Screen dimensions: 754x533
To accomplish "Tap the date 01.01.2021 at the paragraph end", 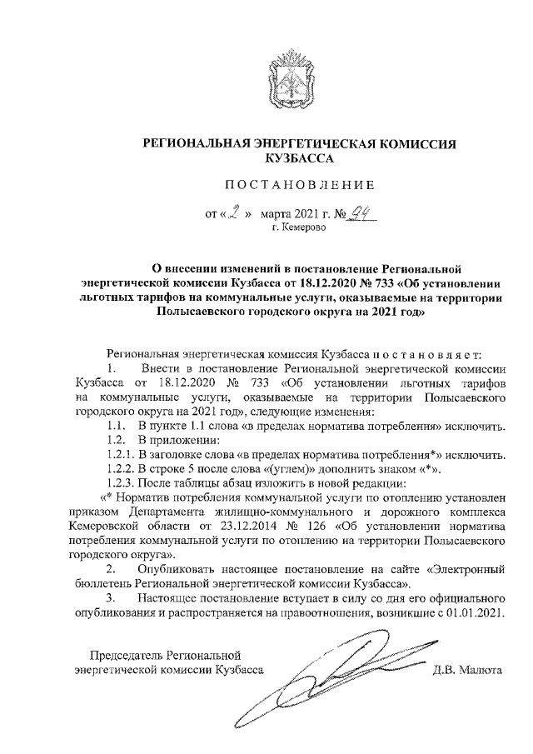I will point(478,613).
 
